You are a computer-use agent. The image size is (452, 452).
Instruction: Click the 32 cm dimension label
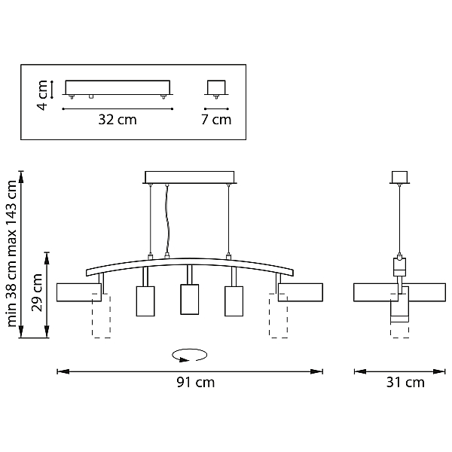118,119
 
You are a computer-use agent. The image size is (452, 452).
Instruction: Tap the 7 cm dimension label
216,119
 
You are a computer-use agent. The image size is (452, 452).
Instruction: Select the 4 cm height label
42,95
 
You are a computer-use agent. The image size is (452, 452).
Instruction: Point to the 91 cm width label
196,382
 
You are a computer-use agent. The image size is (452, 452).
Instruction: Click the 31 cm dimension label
405,382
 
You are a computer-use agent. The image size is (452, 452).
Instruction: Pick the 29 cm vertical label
37,292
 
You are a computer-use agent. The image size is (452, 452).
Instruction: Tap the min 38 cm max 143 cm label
11,254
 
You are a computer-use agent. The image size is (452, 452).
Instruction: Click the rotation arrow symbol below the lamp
189,355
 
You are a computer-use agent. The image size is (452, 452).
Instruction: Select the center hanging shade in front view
189,299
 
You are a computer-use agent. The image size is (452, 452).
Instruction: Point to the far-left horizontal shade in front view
79,292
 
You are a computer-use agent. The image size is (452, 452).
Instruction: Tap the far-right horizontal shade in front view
301,292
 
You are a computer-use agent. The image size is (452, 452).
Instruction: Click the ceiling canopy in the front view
190,177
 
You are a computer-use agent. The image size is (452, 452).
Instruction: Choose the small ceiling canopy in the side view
399,177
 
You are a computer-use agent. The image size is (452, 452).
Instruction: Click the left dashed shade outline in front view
101,316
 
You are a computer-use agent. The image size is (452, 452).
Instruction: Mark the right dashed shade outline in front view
278,316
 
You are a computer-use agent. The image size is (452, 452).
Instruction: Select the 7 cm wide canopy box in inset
216,87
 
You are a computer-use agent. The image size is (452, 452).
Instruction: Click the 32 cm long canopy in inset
118,87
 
